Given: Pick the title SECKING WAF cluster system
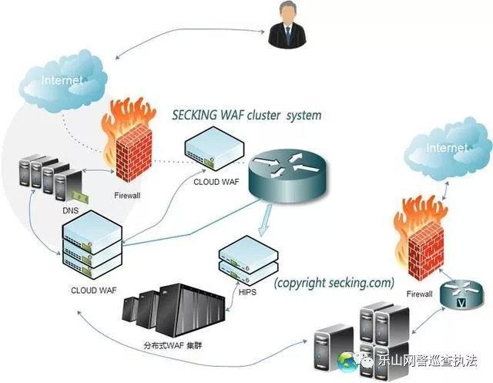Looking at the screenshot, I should pos(246,116).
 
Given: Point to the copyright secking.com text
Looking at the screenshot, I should pos(334,282).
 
